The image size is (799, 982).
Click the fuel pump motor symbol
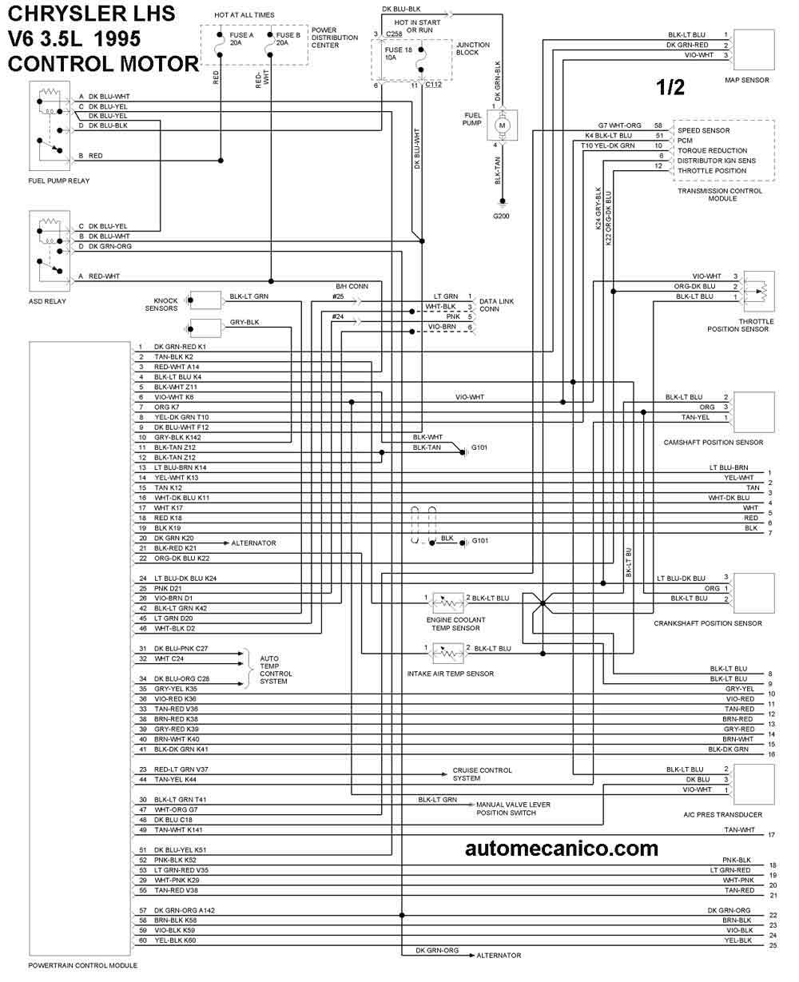[x=502, y=125]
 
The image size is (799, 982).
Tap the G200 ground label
[x=501, y=216]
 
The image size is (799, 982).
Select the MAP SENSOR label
[x=746, y=80]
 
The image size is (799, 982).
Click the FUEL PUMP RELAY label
[x=59, y=181]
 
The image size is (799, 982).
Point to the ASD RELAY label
[x=47, y=301]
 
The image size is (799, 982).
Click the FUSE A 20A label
[x=241, y=38]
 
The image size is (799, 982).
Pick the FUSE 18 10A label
[x=399, y=54]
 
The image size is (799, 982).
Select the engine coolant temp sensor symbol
[x=448, y=602]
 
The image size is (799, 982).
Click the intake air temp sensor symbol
[x=448, y=653]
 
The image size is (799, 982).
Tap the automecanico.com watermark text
[x=562, y=849]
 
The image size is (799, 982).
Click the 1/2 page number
[x=670, y=87]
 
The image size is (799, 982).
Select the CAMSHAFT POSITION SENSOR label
[x=714, y=442]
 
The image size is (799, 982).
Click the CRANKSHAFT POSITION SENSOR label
[x=708, y=623]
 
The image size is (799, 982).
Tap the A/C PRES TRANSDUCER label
[x=722, y=815]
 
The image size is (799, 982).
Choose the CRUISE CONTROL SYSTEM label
[x=482, y=774]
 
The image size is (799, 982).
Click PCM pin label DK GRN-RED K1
[x=180, y=347]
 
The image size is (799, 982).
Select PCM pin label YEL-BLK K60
[x=175, y=940]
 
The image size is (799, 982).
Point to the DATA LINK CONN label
[x=496, y=304]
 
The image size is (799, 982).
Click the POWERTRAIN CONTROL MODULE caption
[x=83, y=965]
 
